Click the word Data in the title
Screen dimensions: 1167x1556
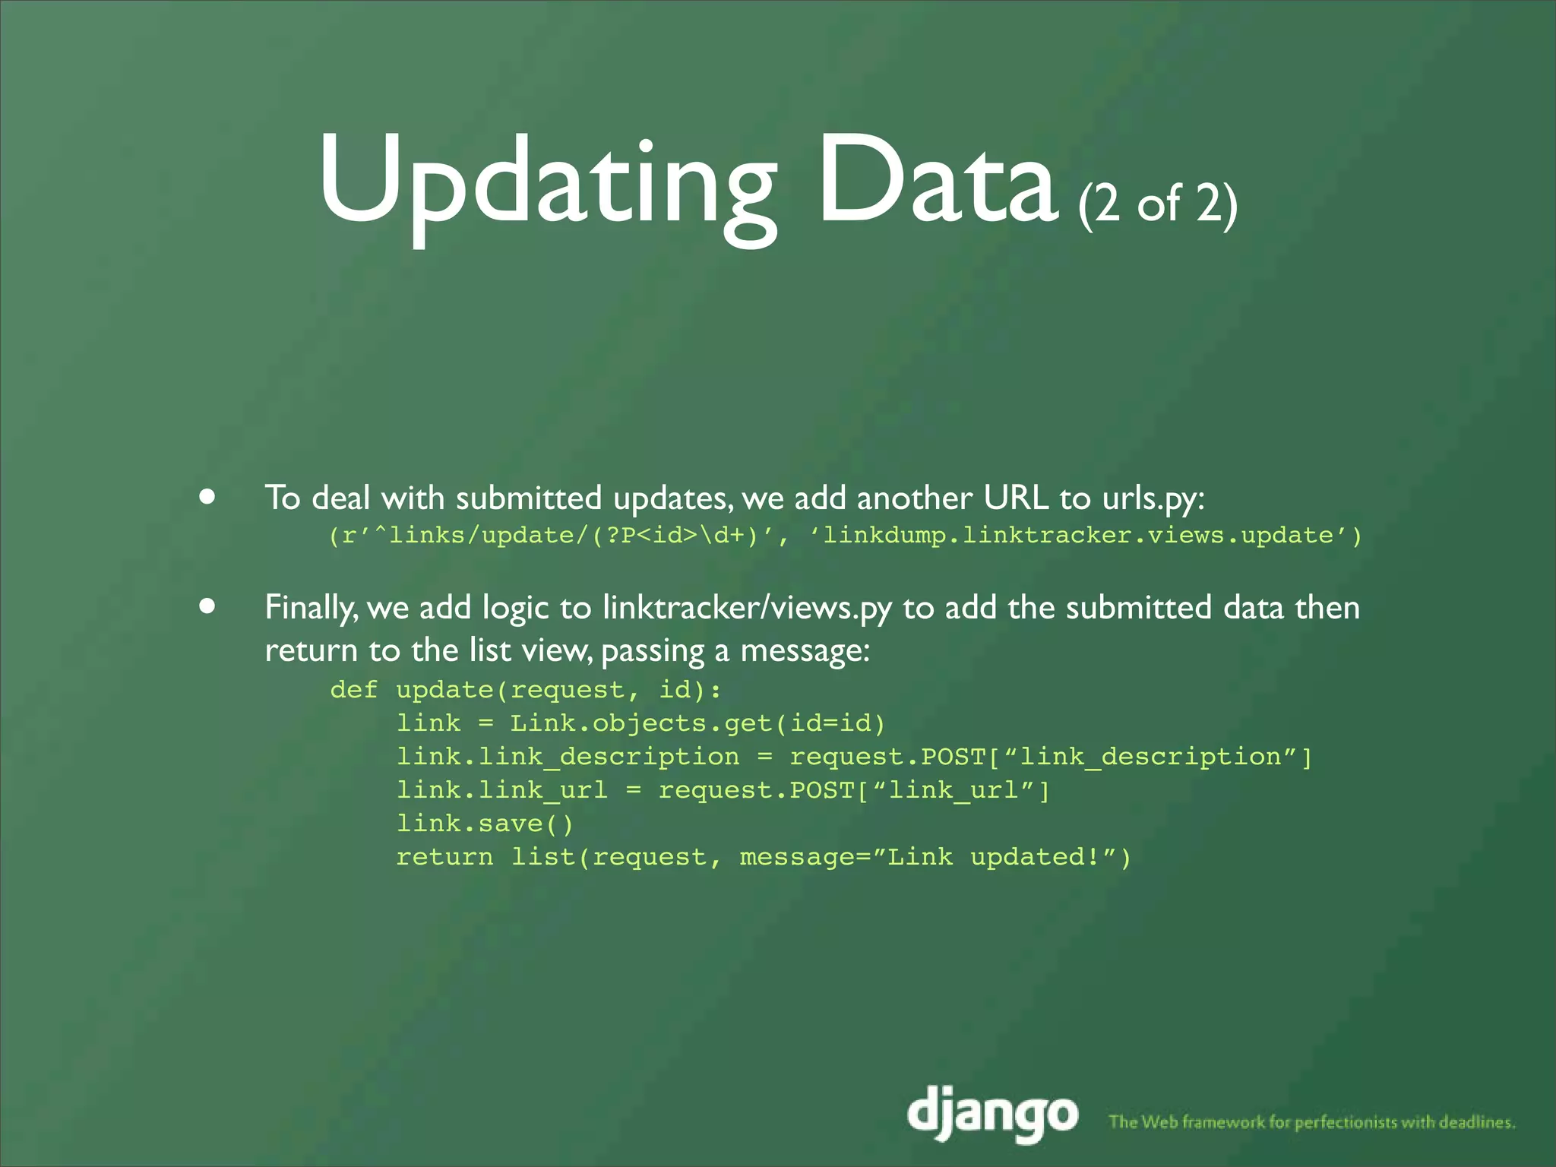(x=938, y=182)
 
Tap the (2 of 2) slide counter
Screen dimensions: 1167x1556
(x=1157, y=204)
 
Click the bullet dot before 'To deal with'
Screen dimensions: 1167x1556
(x=207, y=498)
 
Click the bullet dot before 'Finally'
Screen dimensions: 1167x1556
(x=207, y=606)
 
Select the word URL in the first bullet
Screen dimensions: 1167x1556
(x=1015, y=498)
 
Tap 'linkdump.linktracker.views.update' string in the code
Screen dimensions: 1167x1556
(x=1078, y=536)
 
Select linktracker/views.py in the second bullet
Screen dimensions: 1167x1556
(x=747, y=608)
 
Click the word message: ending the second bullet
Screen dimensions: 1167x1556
(x=805, y=651)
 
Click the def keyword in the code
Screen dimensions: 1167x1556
(x=353, y=690)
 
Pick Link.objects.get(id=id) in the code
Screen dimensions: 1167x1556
(x=697, y=723)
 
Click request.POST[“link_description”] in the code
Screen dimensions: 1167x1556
(x=1051, y=757)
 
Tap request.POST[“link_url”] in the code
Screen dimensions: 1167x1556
(x=854, y=790)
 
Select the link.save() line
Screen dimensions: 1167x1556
(x=485, y=824)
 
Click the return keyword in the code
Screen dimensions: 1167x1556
(x=444, y=857)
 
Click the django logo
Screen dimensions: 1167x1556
(x=992, y=1115)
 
